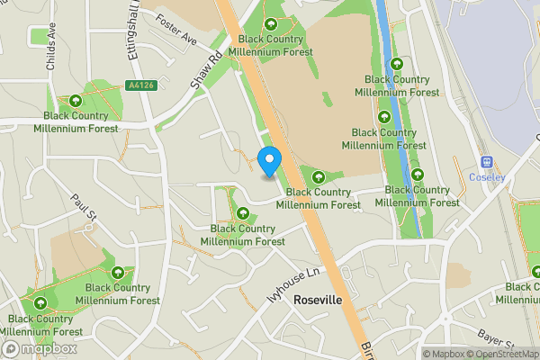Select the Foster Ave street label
coord(175,28)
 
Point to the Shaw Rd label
coord(205,69)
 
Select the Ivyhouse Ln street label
coord(293,284)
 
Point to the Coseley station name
coord(487,177)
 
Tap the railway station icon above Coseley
coord(487,162)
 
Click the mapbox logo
coord(40,348)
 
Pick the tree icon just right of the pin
coord(317,175)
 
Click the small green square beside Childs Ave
coord(40,37)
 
